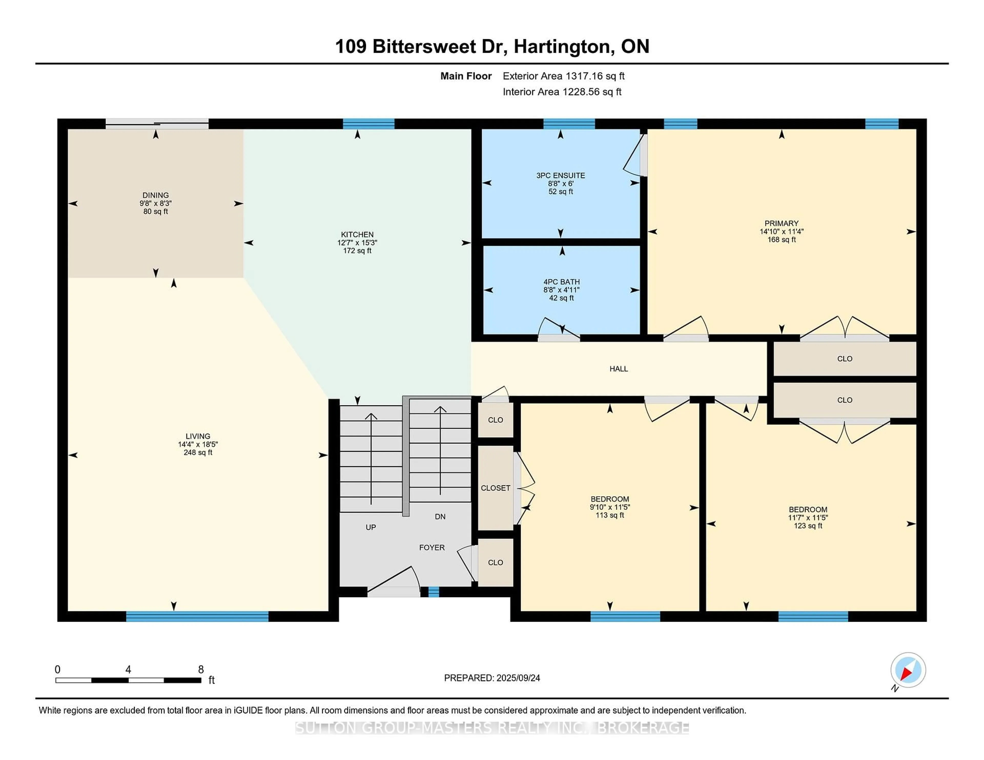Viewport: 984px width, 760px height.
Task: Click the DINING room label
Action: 156,195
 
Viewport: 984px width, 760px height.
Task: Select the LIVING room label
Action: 198,436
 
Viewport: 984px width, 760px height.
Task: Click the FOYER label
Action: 432,547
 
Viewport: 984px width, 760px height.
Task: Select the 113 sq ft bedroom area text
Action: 610,515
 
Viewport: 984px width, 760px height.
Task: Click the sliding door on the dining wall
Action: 157,124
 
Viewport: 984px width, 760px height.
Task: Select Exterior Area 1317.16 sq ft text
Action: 564,76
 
